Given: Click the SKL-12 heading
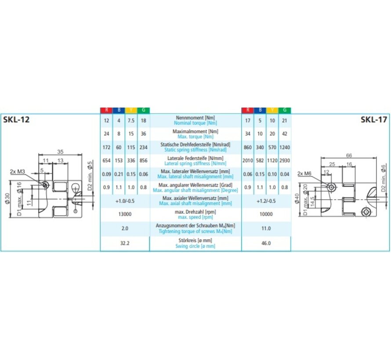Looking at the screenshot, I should point(17,119).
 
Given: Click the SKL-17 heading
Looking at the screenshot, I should point(374,119).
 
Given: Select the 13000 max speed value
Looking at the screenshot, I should point(125,215).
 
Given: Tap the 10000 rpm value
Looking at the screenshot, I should point(266,215).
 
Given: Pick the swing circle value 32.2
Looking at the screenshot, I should point(125,242).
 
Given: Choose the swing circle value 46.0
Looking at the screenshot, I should point(266,242).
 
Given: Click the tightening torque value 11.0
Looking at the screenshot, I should point(266,229).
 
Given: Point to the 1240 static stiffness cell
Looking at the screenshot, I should point(284,147).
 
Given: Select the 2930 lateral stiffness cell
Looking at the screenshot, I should point(284,161).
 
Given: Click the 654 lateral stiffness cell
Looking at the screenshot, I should point(106,161).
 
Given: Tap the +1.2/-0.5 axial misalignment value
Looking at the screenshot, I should point(266,202).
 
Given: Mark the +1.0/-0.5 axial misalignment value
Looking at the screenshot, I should point(125,202).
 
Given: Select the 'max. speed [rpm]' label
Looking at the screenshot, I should point(195,218).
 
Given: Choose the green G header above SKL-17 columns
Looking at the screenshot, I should point(284,110).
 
